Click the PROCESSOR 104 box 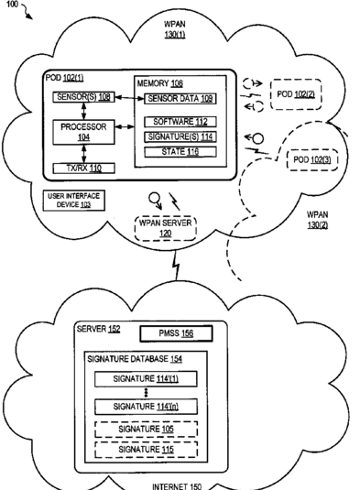(83, 132)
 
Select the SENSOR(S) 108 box (83, 97)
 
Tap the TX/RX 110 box (83, 169)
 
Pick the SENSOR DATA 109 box (180, 99)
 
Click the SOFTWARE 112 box (180, 122)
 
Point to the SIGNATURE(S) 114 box (180, 136)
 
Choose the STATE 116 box (180, 152)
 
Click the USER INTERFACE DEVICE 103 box (74, 201)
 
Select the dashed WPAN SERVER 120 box (165, 228)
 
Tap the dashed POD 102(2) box (296, 94)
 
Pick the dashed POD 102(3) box (311, 159)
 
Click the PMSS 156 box (176, 333)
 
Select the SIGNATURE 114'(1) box (146, 379)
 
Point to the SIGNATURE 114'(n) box (146, 407)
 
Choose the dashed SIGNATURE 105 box (146, 429)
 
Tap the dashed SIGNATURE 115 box (146, 450)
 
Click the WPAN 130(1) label (175, 29)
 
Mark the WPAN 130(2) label (318, 220)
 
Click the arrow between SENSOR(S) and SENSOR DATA (129, 98)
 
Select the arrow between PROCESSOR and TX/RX (83, 154)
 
